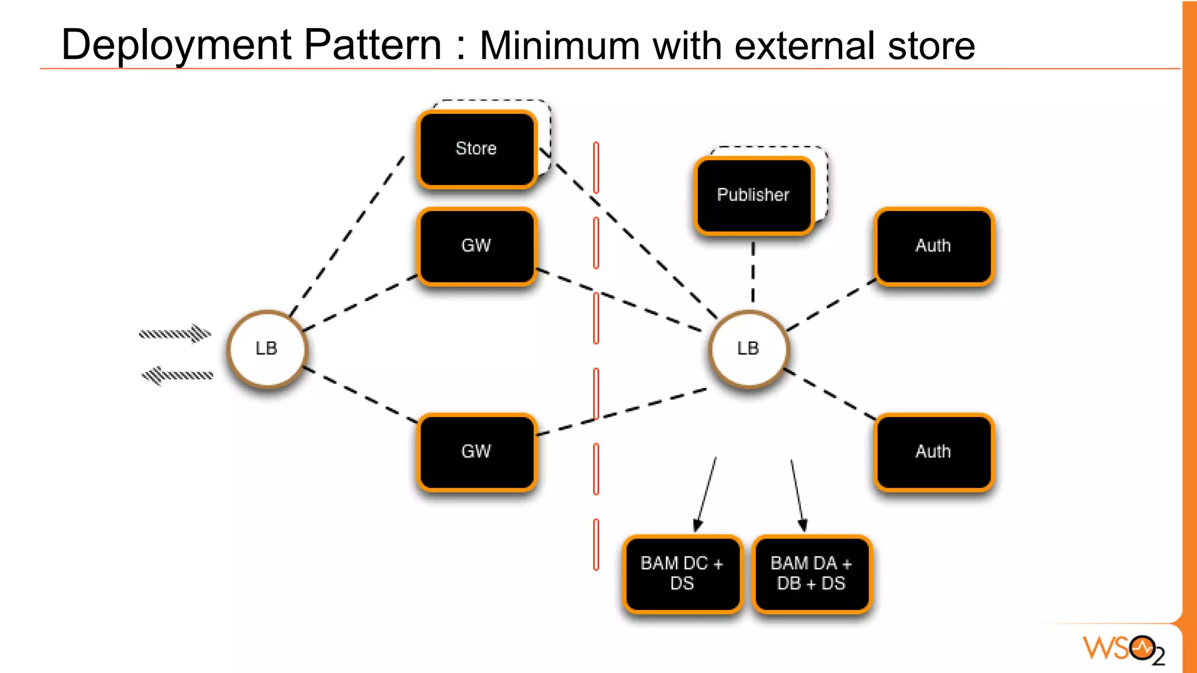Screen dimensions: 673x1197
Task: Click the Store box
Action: pyautogui.click(x=476, y=149)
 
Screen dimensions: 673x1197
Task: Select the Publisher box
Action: pyautogui.click(x=753, y=195)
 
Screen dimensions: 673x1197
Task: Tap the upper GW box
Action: pyautogui.click(x=476, y=246)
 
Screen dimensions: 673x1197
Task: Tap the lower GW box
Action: pyautogui.click(x=476, y=452)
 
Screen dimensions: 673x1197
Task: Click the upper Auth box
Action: pyautogui.click(x=933, y=246)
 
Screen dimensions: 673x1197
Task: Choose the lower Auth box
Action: pyautogui.click(x=933, y=452)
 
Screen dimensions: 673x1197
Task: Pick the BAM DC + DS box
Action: pyautogui.click(x=682, y=573)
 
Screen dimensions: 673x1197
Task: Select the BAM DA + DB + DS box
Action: pyautogui.click(x=811, y=573)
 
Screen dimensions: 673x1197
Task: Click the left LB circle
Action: pyautogui.click(x=267, y=349)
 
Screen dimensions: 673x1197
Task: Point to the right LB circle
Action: pyautogui.click(x=748, y=349)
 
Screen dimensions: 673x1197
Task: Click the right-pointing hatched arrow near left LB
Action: pyautogui.click(x=175, y=334)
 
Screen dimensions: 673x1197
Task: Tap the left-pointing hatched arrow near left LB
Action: pyautogui.click(x=177, y=375)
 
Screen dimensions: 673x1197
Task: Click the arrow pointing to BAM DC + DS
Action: pyautogui.click(x=706, y=494)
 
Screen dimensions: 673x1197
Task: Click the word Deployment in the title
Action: pyautogui.click(x=175, y=46)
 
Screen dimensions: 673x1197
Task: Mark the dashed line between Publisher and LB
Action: pyautogui.click(x=753, y=272)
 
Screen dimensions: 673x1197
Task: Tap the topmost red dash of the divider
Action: pyautogui.click(x=596, y=167)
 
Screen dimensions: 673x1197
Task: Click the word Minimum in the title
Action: pyautogui.click(x=559, y=46)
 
